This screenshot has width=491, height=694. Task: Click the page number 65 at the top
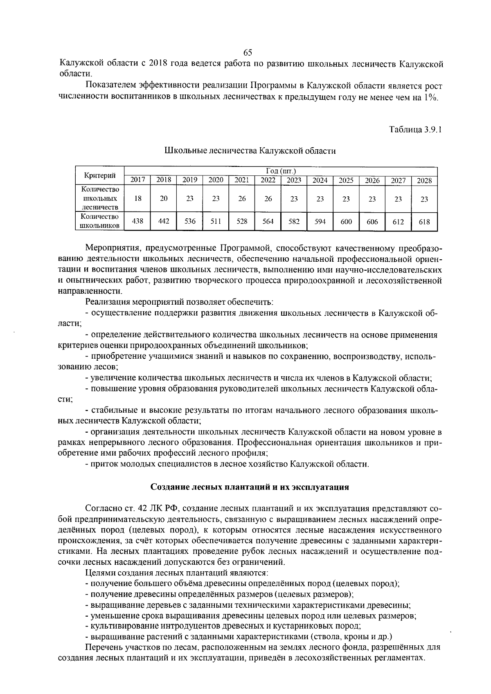248,53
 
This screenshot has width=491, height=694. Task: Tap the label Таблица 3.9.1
415,130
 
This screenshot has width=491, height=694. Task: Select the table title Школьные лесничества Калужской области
250,151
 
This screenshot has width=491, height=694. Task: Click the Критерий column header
99,176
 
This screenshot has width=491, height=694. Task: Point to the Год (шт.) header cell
280,171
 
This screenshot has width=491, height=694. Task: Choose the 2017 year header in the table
137,180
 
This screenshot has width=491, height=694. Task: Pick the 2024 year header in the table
320,180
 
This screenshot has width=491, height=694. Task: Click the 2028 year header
424,180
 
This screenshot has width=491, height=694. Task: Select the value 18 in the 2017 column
138,199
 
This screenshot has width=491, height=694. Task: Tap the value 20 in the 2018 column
164,199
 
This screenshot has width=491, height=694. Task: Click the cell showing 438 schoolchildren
138,221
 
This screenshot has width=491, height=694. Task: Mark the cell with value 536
190,221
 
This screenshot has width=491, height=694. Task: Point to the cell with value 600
346,221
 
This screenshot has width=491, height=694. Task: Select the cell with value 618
424,221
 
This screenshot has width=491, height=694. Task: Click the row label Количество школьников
99,221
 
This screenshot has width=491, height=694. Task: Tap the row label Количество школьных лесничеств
99,199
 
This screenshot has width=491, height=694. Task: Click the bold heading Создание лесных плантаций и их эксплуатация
250,487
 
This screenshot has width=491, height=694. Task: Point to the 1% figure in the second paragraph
430,97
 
